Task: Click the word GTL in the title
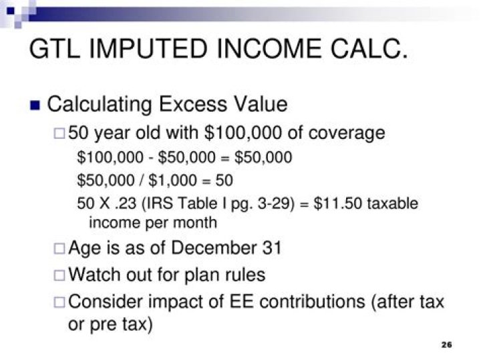coord(54,49)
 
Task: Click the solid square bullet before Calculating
coord(35,105)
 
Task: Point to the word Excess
coord(193,104)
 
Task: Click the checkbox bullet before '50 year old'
coord(59,134)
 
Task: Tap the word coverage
coord(347,134)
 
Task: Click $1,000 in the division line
coord(172,180)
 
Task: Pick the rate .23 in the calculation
coord(126,203)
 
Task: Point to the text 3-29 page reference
coord(276,203)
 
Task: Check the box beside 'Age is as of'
coord(59,248)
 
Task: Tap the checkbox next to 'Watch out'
coord(59,275)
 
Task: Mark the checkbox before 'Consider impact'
coord(59,303)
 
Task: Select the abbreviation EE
coord(242,301)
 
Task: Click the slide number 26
coord(447,345)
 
